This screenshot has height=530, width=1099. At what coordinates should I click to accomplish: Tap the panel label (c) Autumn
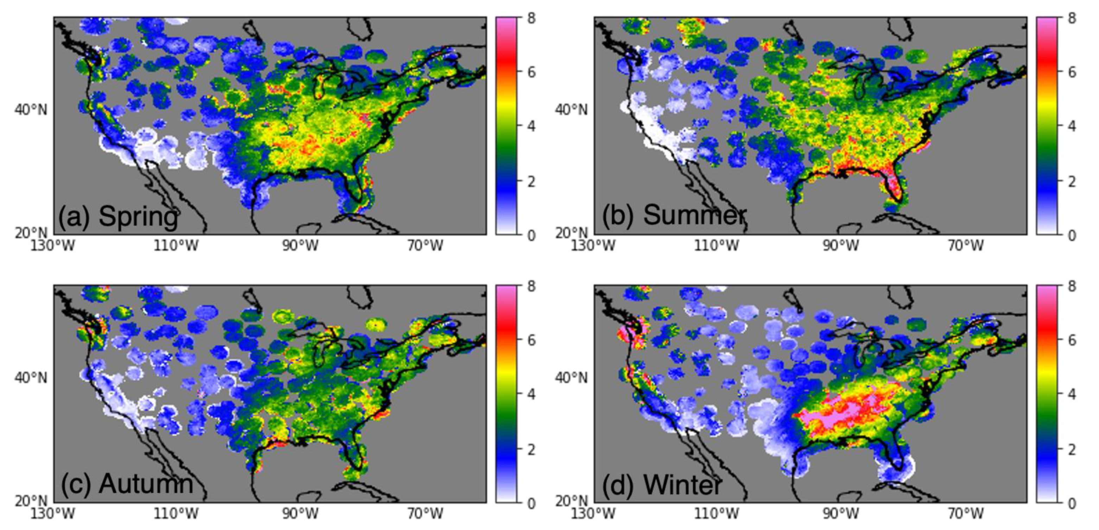pos(127,484)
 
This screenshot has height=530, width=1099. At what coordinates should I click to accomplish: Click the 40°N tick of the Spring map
pos(31,110)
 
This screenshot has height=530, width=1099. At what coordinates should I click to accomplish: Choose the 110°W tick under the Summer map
pos(716,246)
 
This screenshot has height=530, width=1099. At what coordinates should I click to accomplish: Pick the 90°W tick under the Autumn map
pos(300,514)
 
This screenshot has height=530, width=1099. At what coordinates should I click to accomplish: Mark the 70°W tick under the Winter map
pos(966,514)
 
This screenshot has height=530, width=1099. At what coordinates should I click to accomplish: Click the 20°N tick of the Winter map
pos(571,502)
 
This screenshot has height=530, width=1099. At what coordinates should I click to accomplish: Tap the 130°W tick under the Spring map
pos(52,246)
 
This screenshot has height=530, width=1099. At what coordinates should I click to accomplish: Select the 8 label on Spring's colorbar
pos(531,18)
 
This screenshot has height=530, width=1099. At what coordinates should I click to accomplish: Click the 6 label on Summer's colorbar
pos(1072,72)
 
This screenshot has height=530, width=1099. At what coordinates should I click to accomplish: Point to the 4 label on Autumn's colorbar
pos(531,394)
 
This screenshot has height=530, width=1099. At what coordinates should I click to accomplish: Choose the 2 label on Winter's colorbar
pos(1072,449)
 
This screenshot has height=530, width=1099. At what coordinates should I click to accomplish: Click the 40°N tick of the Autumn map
pos(31,378)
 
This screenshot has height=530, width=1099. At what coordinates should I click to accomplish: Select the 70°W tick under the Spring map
pos(425,246)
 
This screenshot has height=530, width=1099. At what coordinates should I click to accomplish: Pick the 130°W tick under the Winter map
pos(593,514)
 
